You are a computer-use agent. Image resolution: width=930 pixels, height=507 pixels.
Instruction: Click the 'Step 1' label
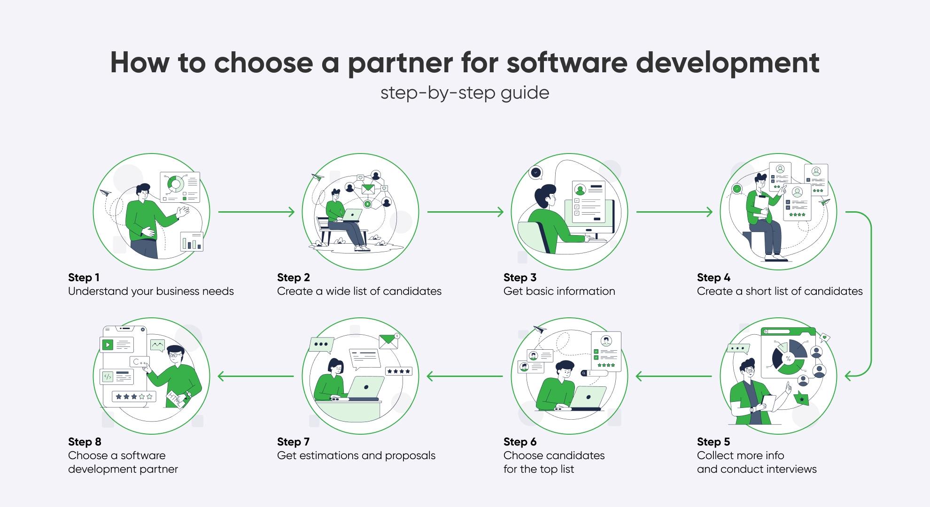[84, 277]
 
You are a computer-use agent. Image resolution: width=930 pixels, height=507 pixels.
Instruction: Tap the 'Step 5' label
[713, 442]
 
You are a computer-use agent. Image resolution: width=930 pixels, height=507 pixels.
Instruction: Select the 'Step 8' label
[85, 442]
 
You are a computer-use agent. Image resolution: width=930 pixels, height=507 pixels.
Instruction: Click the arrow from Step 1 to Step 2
[256, 212]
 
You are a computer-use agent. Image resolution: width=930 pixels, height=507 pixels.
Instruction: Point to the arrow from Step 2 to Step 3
[465, 212]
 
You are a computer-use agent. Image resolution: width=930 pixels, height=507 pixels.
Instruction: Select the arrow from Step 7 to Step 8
[256, 376]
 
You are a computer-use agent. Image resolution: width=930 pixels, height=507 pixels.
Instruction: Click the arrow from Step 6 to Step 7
[465, 376]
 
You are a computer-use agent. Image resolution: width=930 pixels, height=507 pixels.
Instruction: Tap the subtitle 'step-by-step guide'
[465, 93]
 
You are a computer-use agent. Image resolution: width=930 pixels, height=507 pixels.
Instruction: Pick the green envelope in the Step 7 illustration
[388, 341]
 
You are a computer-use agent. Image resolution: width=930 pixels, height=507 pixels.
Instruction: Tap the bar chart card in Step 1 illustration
[192, 241]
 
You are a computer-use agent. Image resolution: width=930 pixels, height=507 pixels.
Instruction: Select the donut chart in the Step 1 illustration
[176, 184]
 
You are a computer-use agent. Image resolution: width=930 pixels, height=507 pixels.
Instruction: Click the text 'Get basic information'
[559, 291]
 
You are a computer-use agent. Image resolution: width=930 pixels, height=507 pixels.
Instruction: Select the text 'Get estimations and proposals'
[356, 455]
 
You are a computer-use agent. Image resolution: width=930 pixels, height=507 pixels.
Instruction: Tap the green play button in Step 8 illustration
[108, 345]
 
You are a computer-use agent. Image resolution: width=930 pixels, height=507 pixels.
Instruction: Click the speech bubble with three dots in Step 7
[321, 345]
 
